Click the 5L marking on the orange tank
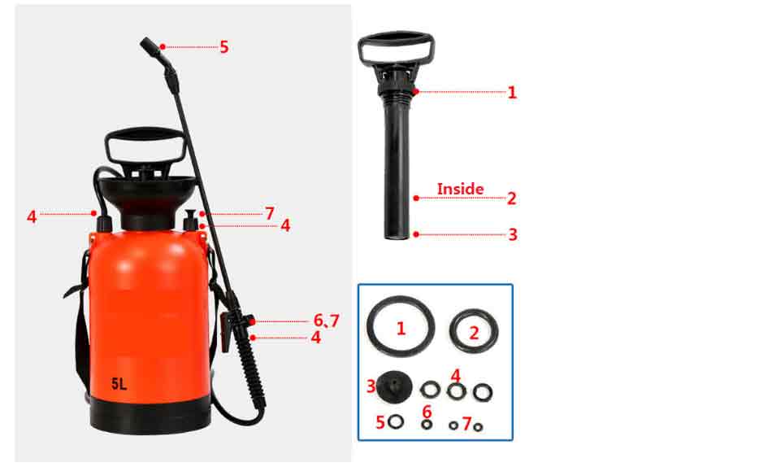pos(119,383)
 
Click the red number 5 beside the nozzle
pos(224,47)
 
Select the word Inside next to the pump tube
pos(460,189)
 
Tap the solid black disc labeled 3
pos(394,386)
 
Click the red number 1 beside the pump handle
pos(512,92)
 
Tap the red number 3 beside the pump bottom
pos(513,234)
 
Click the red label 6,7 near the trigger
pos(327,321)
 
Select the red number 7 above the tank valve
pos(269,213)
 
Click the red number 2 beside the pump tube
pos(511,199)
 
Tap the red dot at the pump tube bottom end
pos(416,234)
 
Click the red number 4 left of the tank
pos(32,216)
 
